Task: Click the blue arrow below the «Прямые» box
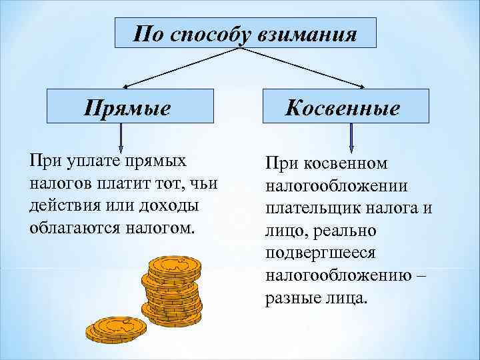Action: [x=121, y=139]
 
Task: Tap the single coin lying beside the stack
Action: [x=115, y=328]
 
